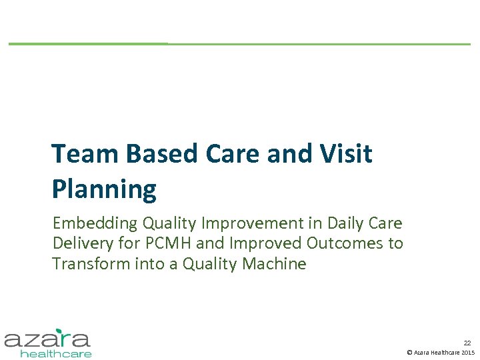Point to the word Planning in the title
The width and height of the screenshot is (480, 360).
(x=104, y=189)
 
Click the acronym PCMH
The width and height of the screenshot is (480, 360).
(x=164, y=243)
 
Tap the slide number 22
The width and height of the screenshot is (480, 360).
(x=467, y=341)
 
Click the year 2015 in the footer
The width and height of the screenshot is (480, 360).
(x=468, y=352)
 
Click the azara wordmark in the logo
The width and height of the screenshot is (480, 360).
(x=47, y=339)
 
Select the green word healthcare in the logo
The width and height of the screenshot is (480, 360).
(x=56, y=353)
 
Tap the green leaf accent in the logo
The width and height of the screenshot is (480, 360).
(x=60, y=331)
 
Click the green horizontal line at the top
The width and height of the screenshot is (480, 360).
(x=239, y=44)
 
